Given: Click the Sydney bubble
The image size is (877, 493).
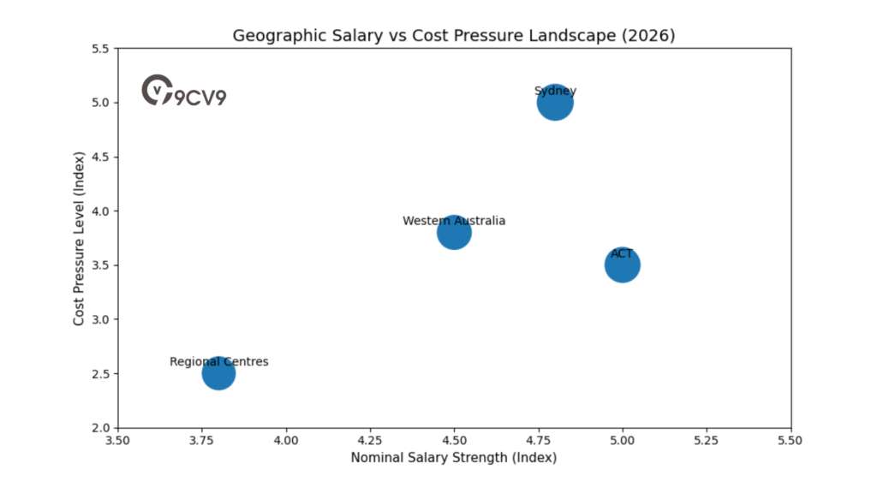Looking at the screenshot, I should pos(555,103).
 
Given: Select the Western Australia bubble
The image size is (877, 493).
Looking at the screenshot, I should pos(454,232).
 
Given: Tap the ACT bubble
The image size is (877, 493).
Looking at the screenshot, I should pos(623,264).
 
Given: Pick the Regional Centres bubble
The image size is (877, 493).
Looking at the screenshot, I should pos(218,373).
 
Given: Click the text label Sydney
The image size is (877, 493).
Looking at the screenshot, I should pos(555,91).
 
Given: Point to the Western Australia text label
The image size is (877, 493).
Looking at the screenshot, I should pos(454,221).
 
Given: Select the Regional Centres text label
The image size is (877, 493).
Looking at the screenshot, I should pos(218,362).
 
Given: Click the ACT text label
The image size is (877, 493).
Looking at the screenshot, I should pos(622,253).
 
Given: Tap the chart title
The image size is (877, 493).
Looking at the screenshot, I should pos(454,36).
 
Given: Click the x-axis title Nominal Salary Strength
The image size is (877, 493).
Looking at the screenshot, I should pos(454,458).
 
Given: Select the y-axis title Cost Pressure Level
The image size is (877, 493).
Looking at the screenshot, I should pos(80,238).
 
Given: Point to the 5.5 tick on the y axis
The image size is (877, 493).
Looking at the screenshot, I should pos(100,49).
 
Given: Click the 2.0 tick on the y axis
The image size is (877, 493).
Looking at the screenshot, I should pos(100,428).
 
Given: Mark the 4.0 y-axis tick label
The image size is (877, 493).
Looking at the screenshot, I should pos(100,211).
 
